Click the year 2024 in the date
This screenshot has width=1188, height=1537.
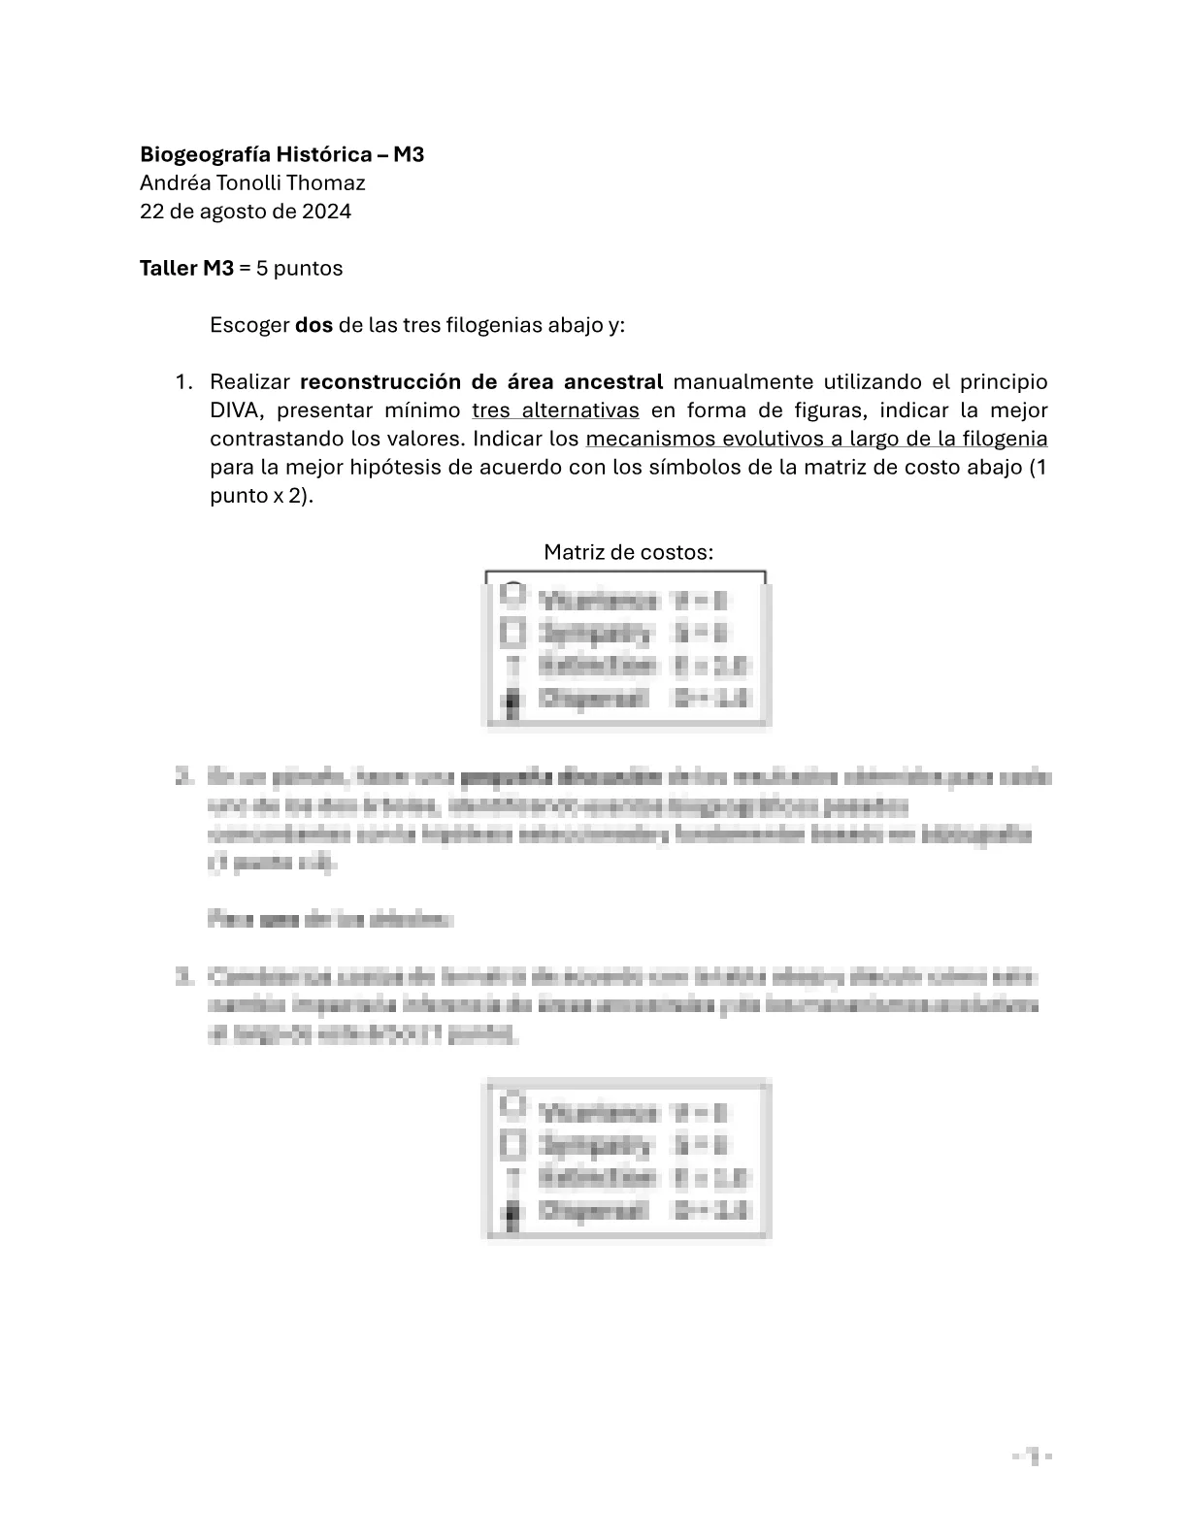coord(326,212)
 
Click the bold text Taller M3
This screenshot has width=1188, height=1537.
coord(186,268)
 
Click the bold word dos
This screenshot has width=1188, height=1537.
coord(313,325)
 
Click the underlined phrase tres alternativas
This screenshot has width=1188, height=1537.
coord(555,410)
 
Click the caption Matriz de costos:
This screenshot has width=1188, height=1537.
coord(628,552)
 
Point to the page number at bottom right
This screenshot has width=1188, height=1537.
coord(1033,1455)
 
